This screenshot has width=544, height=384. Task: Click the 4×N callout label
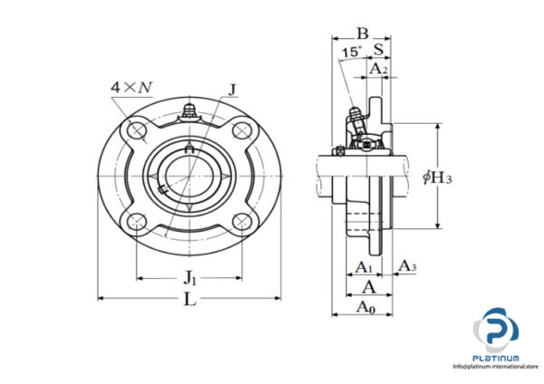point(131,87)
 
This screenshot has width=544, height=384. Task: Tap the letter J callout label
point(234,89)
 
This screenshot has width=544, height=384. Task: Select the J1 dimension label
point(190,276)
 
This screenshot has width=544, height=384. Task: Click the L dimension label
point(189,301)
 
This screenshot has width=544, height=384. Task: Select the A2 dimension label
point(378,68)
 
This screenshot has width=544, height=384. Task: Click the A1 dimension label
point(363,267)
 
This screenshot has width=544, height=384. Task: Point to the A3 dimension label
point(408,266)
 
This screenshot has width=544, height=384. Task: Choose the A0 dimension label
point(365,308)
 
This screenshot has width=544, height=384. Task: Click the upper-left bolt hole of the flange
point(139,132)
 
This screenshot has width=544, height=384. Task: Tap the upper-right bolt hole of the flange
point(240,132)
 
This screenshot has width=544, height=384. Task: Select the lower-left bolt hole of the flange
point(139,220)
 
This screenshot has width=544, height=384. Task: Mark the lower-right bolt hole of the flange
point(240,220)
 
